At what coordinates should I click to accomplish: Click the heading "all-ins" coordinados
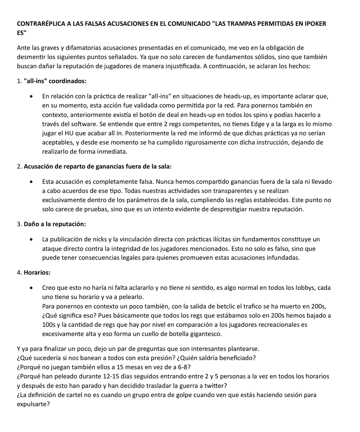[x=55, y=81]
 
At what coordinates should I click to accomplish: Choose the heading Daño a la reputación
[x=55, y=224]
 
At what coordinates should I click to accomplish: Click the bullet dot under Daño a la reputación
[x=33, y=240]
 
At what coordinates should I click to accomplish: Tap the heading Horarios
[x=37, y=273]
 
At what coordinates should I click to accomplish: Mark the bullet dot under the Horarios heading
[x=33, y=288]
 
